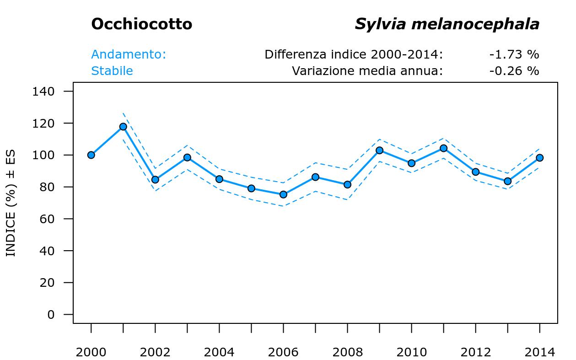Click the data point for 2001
pos(123,127)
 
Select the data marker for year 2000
pos(91,155)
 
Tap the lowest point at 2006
pos(283,194)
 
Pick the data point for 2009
pos(379,150)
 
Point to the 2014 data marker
pos(539,158)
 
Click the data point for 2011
pos(443,148)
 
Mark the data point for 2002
pos(155,180)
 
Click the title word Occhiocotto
pos(141,24)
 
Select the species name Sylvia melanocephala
pos(447,24)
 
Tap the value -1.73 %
pos(514,54)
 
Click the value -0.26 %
pos(514,71)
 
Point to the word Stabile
pos(112,71)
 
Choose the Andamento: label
pos(129,54)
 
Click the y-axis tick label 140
pos(43,91)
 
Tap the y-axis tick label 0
pos(51,315)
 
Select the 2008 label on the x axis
pos(347,352)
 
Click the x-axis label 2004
pos(219,352)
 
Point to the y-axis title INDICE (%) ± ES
pos(11,203)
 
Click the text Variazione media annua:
pos(367,71)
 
